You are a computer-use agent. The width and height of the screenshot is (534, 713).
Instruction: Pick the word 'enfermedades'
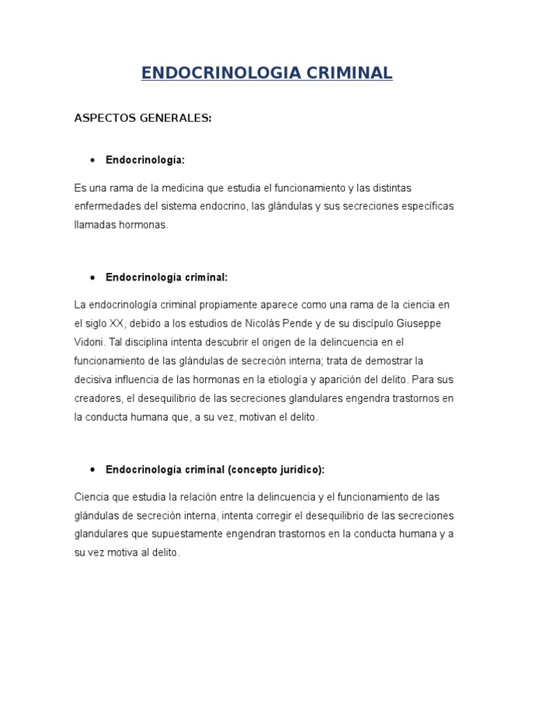coord(106,207)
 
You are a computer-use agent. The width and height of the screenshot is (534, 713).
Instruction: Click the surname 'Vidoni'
coord(89,343)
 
